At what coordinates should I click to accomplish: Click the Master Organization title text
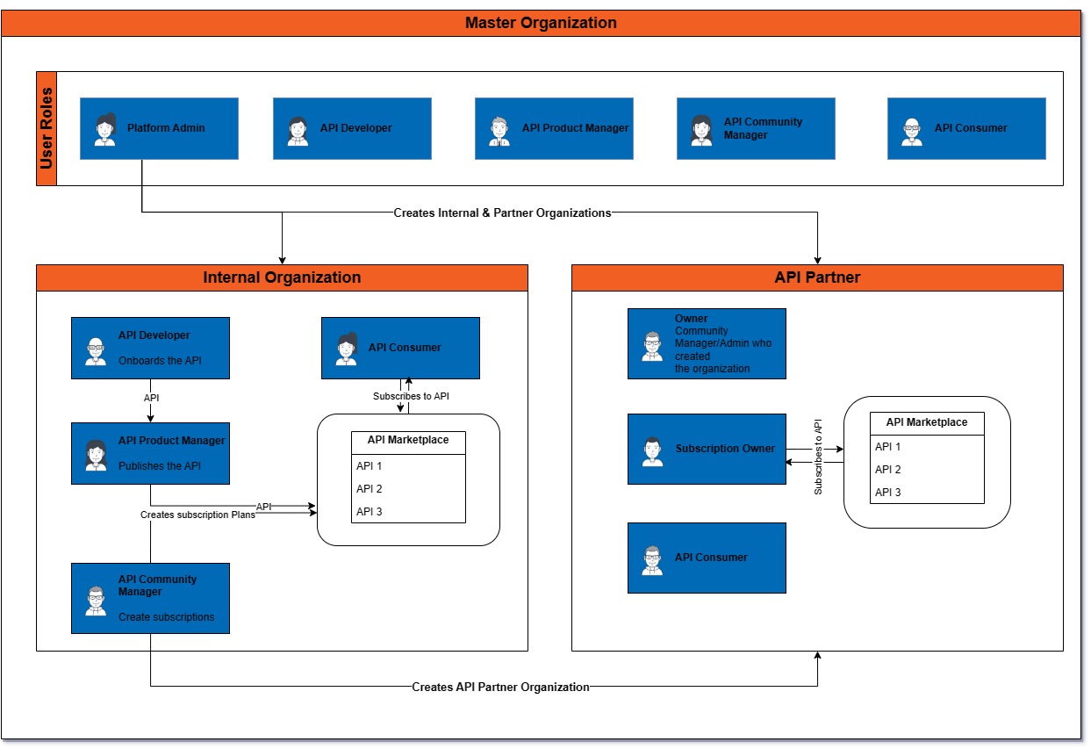tap(541, 23)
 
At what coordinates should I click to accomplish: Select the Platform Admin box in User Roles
tap(159, 128)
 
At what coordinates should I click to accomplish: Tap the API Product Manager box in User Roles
tap(554, 128)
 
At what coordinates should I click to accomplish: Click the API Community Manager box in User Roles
tap(756, 128)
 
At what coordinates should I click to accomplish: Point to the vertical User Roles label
tap(47, 128)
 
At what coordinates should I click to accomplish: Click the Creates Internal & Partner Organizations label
tap(502, 212)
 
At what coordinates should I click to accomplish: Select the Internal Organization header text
tap(282, 277)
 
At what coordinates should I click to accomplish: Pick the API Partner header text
tap(817, 277)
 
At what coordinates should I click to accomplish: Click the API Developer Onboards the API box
tap(150, 348)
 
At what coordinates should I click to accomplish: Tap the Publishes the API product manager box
tap(150, 453)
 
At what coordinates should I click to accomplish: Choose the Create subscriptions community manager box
tap(150, 598)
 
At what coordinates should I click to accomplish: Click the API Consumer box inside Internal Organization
tap(400, 348)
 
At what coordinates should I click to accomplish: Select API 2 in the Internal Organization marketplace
tap(370, 489)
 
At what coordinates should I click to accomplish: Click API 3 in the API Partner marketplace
tap(888, 493)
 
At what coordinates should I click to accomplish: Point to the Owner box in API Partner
tap(707, 343)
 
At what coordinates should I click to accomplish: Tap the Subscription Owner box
tap(707, 449)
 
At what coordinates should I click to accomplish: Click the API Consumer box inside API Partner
tap(707, 558)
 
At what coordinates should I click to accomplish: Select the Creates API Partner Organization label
tap(500, 687)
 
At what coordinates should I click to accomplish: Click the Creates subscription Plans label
tap(197, 515)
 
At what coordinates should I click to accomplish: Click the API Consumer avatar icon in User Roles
tap(912, 131)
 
